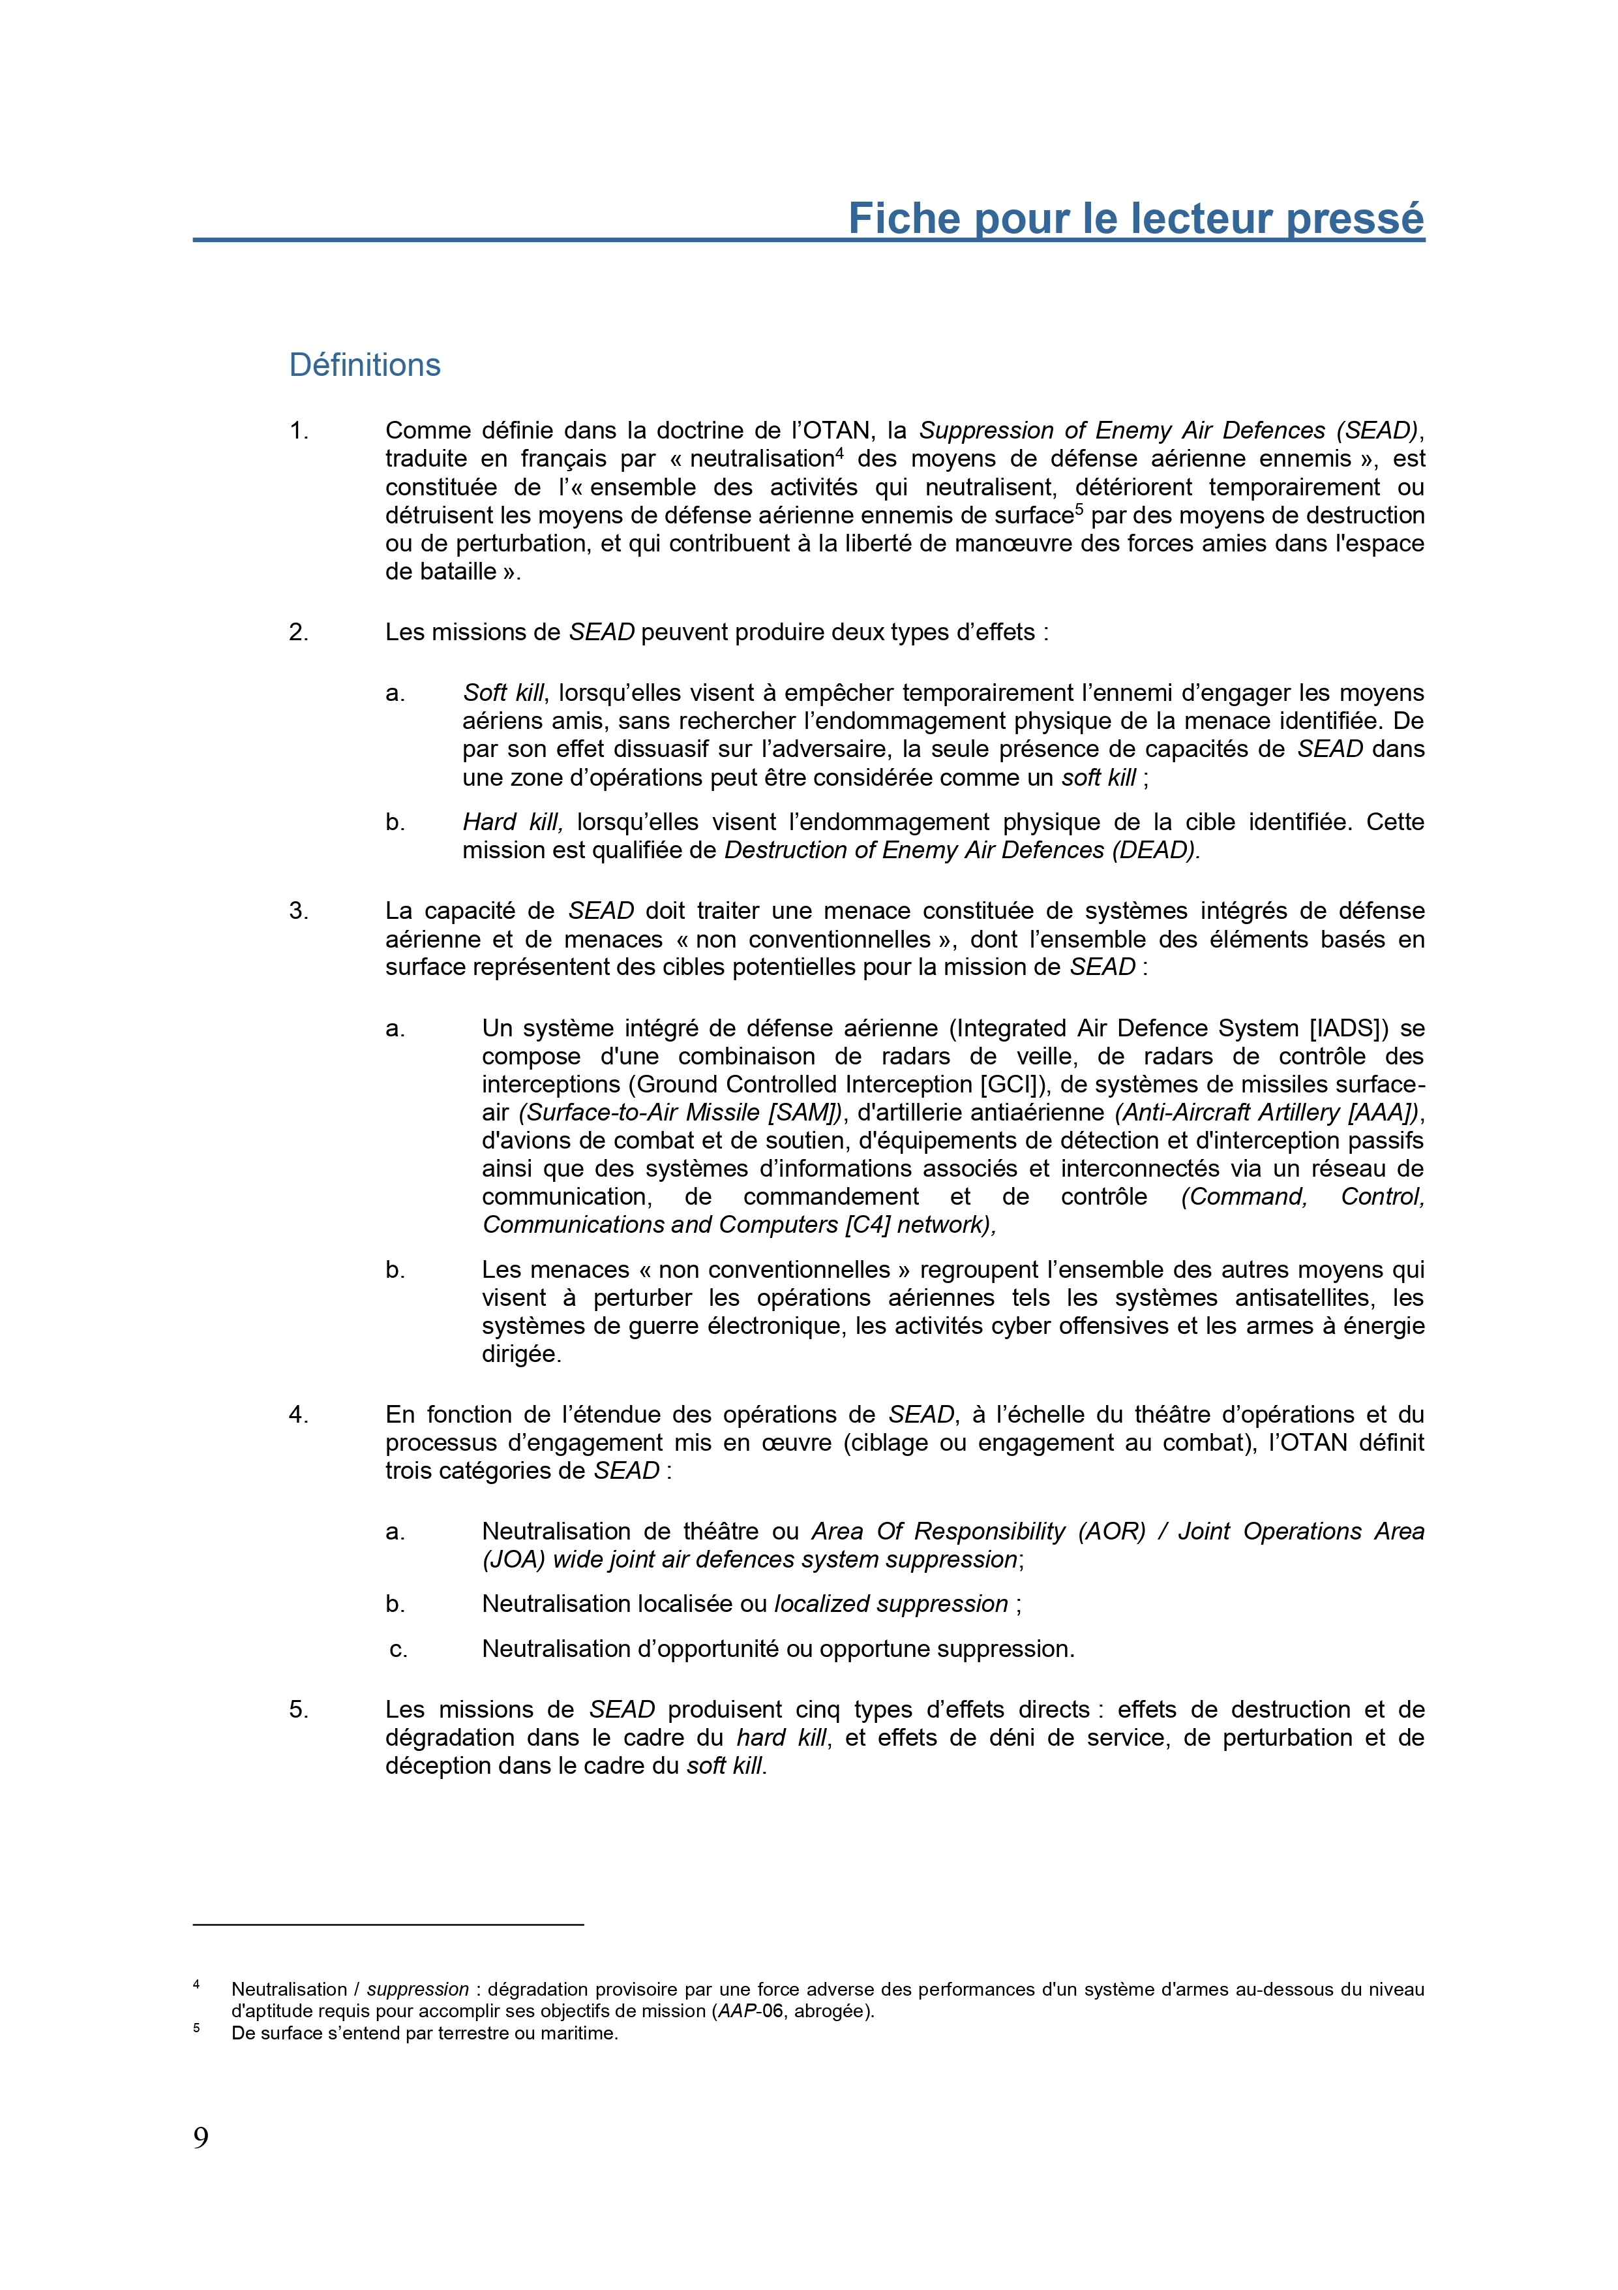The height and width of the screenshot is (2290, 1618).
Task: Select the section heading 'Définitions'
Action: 365,365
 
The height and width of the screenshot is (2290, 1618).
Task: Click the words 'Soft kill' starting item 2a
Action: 503,692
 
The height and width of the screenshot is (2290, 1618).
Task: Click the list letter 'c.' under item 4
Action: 398,1648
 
